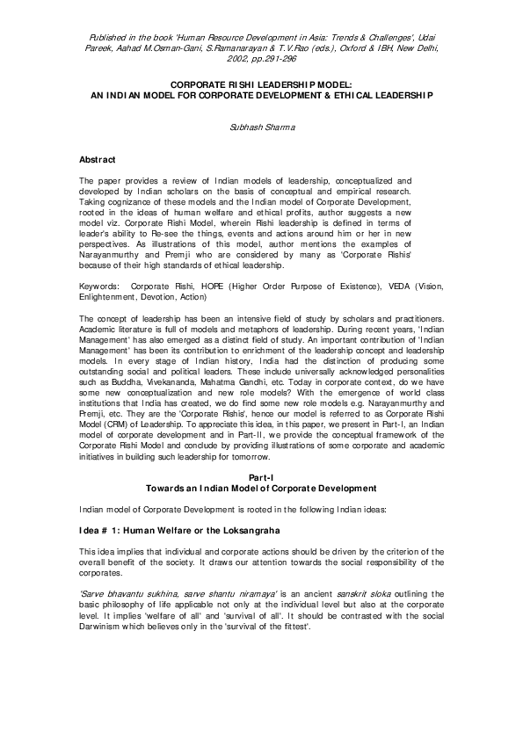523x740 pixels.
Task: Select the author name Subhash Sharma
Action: tap(261, 127)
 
